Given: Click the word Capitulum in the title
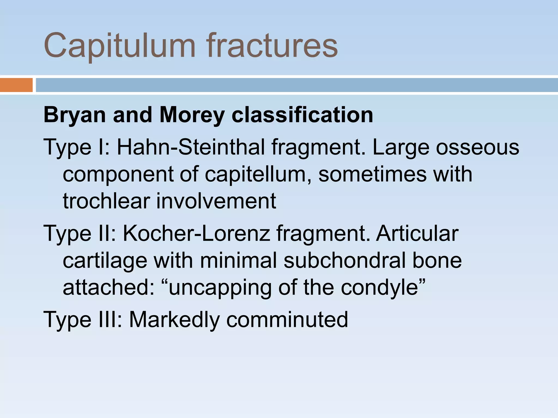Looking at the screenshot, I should click(x=119, y=46).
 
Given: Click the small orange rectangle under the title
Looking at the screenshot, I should click(x=16, y=85).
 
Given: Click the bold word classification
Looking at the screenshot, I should click(x=302, y=115).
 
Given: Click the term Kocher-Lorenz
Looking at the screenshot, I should click(x=196, y=233).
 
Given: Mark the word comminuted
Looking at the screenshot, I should click(x=287, y=320).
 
